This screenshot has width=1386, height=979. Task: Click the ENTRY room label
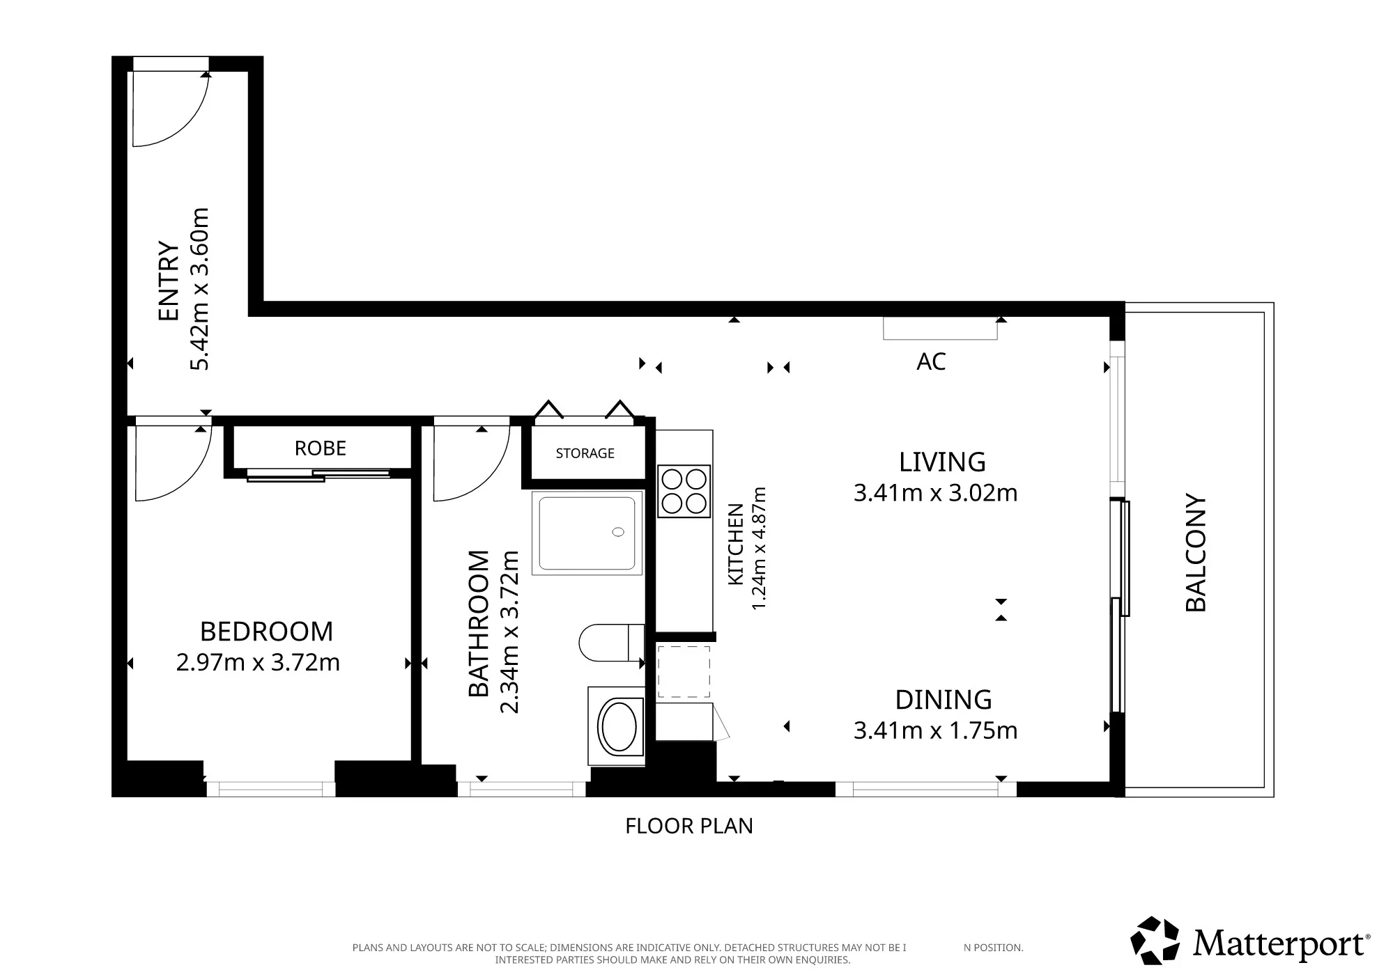coord(169,281)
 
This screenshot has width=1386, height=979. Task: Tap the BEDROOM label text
coord(266,632)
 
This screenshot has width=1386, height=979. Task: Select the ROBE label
coord(321,448)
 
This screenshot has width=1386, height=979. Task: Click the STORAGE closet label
coord(585,453)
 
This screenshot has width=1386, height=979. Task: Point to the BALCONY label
coord(1196,553)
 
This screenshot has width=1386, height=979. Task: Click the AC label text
coord(932,361)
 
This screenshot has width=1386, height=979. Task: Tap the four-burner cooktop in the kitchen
coord(684,492)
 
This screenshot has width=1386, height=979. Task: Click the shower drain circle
coord(618,533)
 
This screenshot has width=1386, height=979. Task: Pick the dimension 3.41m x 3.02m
coord(935,493)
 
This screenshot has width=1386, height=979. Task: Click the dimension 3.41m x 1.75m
coord(935,730)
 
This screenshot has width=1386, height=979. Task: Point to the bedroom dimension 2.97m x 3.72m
coord(258,662)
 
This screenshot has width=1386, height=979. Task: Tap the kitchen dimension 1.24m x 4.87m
coord(759,549)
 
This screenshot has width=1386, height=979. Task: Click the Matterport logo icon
coord(1155,941)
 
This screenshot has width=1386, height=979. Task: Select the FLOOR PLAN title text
coord(689,826)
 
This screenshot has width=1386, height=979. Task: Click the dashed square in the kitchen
coord(684,672)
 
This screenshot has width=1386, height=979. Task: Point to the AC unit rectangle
coord(940,328)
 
